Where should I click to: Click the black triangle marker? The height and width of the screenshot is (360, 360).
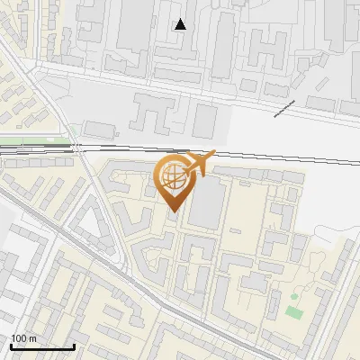[180, 24]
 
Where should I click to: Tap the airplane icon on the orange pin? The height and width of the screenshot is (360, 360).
[200, 165]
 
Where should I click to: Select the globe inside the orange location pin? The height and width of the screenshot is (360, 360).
[170, 177]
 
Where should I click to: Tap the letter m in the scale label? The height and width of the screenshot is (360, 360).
[32, 338]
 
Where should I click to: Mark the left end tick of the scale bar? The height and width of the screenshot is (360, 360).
[11, 346]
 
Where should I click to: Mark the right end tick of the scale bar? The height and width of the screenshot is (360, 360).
[74, 346]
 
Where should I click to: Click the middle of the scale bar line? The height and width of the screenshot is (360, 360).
[42, 347]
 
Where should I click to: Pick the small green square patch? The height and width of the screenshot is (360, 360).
[292, 312]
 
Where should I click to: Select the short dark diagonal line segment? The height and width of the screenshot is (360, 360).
[284, 108]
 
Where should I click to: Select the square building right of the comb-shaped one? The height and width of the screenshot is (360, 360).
[205, 120]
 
